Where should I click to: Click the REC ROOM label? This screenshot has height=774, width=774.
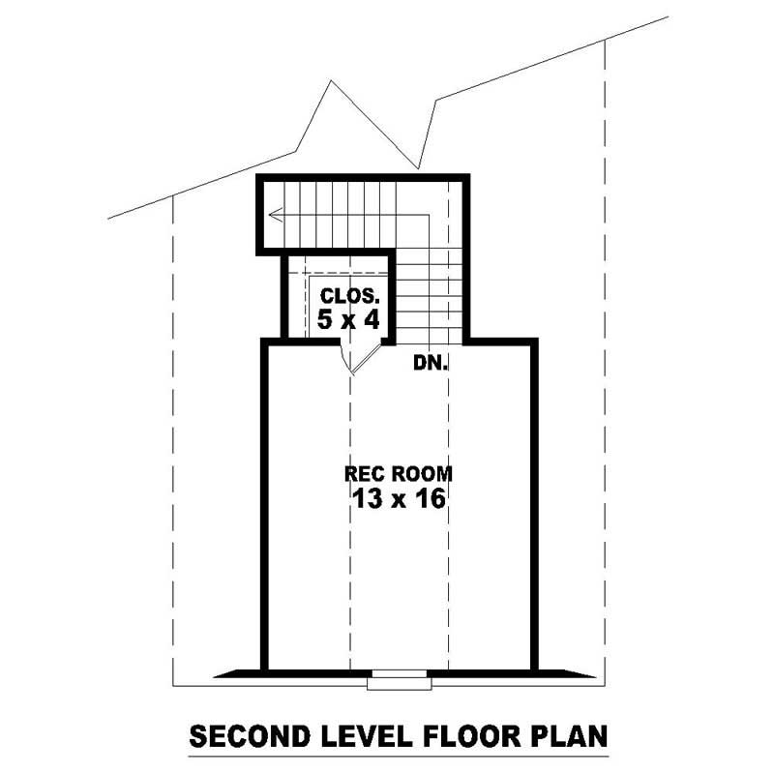click(399, 475)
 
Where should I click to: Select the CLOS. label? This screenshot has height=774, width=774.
click(343, 297)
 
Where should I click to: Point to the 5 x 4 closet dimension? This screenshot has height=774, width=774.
click(343, 319)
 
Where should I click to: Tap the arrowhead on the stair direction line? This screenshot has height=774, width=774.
click(276, 216)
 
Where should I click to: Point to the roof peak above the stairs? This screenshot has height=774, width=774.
click(332, 81)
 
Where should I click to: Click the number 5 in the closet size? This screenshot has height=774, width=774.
click(324, 319)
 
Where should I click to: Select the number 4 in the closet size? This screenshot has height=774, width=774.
click(362, 319)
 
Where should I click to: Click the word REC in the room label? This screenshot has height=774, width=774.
click(363, 475)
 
